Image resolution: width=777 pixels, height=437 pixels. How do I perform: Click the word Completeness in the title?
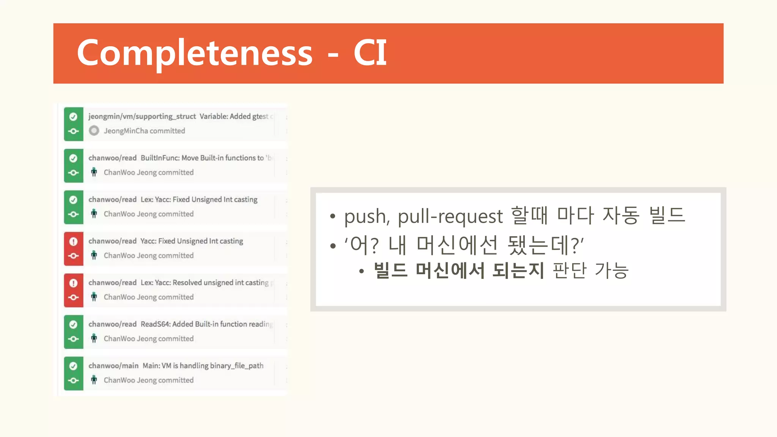pos(195,53)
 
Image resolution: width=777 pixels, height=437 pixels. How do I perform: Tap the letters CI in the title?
pos(370,53)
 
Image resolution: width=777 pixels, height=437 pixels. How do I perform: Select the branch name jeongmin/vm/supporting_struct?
pos(142,116)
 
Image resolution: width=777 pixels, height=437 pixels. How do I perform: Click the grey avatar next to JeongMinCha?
pos(94,131)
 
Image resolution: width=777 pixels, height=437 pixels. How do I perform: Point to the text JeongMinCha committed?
pos(145,131)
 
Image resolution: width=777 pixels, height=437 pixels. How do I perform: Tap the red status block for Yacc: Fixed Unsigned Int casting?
pos(74,249)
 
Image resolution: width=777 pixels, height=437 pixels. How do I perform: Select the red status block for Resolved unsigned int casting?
pos(74,290)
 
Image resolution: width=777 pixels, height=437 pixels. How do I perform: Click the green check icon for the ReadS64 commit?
pos(73,325)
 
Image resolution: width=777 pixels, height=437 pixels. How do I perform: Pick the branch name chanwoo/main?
pos(113,366)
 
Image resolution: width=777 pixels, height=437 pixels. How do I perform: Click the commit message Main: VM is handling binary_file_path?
pos(203,366)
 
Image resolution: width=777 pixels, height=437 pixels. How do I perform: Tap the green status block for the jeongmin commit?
pos(74,124)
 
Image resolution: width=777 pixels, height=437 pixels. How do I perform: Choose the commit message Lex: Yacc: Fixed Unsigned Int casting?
pos(199,200)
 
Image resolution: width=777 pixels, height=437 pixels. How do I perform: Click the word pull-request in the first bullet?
pos(450,217)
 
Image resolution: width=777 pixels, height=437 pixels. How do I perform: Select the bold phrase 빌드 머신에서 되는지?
pos(459,271)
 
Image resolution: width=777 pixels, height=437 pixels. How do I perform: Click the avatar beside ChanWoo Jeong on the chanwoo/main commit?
pos(94,380)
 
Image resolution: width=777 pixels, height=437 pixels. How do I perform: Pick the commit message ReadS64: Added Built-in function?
pos(206,324)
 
